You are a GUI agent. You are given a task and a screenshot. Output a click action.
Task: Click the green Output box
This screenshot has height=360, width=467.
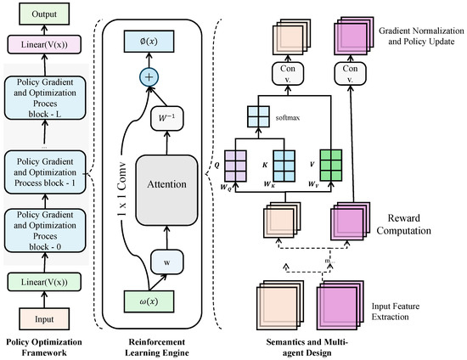tap(44, 14)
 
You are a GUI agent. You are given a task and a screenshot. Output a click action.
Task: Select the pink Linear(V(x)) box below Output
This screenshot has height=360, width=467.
tap(44, 45)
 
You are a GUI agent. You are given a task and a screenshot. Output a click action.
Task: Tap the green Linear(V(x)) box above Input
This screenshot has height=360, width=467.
tap(44, 282)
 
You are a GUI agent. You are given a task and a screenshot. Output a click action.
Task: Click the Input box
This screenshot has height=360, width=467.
tap(44, 319)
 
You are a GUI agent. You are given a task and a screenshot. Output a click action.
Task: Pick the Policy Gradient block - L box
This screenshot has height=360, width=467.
tap(45, 98)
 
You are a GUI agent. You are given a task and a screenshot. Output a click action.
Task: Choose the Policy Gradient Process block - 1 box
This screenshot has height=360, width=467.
tap(45, 172)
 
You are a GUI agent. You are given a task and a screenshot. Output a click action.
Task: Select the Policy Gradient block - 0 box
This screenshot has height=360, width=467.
tap(45, 231)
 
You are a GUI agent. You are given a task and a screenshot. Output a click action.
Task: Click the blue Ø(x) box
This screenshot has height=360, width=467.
tap(149, 41)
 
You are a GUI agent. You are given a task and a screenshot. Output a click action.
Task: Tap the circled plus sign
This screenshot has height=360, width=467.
tap(149, 77)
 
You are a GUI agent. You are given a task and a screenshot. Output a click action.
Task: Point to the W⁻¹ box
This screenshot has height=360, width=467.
tap(166, 118)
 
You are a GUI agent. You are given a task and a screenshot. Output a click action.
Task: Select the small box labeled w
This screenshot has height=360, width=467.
tap(166, 262)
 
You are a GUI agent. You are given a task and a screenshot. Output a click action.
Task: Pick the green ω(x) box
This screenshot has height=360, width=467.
tap(149, 301)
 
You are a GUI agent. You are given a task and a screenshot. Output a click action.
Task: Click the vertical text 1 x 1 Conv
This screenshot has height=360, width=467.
tap(121, 189)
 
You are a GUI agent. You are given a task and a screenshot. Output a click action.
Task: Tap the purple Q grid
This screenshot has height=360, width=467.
tap(235, 166)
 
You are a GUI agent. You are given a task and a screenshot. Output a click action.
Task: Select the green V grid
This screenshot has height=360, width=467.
tap(330, 166)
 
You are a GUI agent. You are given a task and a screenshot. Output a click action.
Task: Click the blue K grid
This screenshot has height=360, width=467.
tap(284, 166)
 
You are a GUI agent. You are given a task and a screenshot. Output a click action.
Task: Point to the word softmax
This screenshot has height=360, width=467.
tap(288, 118)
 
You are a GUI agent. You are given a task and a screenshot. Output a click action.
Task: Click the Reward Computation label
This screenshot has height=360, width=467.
tap(404, 224)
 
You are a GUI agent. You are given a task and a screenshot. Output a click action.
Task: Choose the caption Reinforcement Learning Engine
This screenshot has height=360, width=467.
tap(157, 347)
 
